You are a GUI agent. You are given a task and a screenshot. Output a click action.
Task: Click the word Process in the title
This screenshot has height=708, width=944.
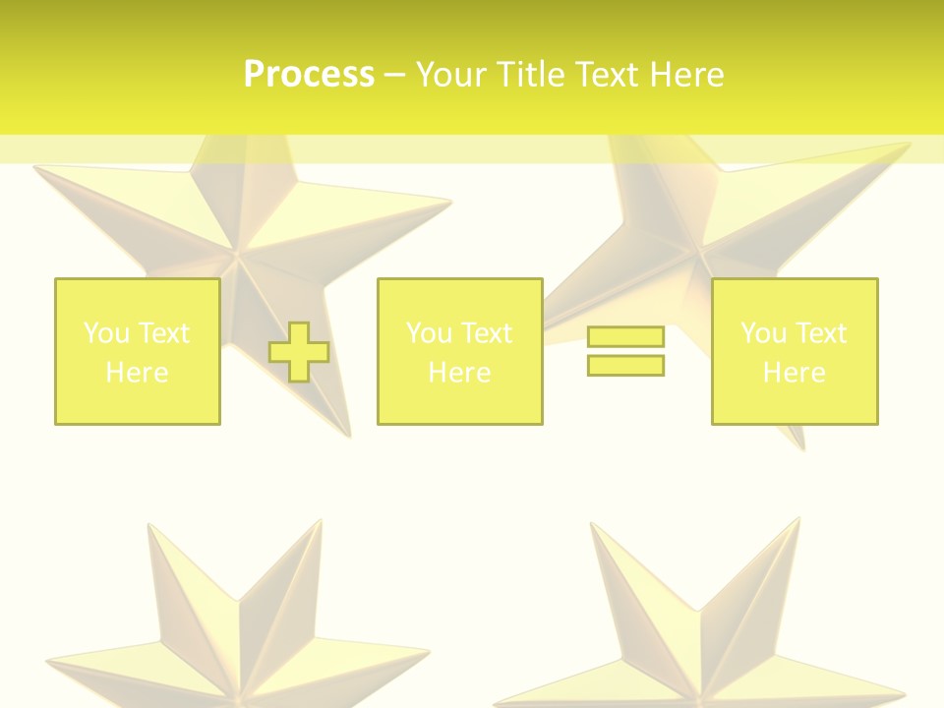pyautogui.click(x=309, y=75)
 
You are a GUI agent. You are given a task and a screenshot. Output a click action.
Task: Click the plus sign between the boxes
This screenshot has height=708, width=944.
pyautogui.click(x=299, y=352)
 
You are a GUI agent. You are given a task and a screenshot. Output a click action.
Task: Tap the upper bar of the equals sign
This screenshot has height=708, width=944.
pyautogui.click(x=626, y=336)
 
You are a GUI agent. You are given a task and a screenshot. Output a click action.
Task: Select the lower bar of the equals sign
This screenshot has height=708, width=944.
pyautogui.click(x=626, y=365)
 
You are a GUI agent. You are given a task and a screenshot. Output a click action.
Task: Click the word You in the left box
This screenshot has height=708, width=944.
pyautogui.click(x=105, y=333)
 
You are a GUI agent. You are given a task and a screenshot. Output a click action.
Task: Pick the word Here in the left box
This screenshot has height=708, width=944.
pyautogui.click(x=137, y=373)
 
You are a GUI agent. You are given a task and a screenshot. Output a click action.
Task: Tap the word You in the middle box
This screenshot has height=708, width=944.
pyautogui.click(x=428, y=333)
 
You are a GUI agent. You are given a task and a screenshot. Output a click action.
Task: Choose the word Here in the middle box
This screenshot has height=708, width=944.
pyautogui.click(x=459, y=373)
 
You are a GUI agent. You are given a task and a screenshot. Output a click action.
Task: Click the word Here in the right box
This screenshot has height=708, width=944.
pyautogui.click(x=794, y=373)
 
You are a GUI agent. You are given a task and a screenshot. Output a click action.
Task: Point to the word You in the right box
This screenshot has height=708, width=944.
pyautogui.click(x=762, y=333)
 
